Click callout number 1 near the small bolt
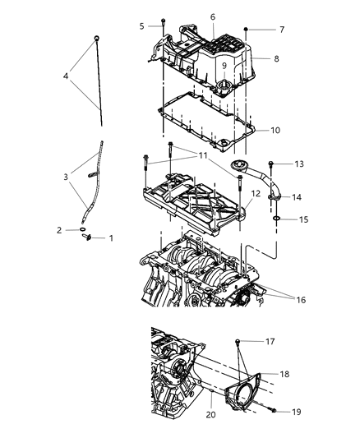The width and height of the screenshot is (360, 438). pyautogui.click(x=113, y=238)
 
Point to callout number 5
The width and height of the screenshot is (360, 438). pyautogui.click(x=141, y=26)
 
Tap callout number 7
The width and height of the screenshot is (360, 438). pyautogui.click(x=281, y=30)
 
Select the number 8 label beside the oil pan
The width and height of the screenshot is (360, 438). pyautogui.click(x=275, y=58)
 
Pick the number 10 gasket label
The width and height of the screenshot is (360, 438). pyautogui.click(x=275, y=130)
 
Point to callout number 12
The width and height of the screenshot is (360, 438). pyautogui.click(x=256, y=194)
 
